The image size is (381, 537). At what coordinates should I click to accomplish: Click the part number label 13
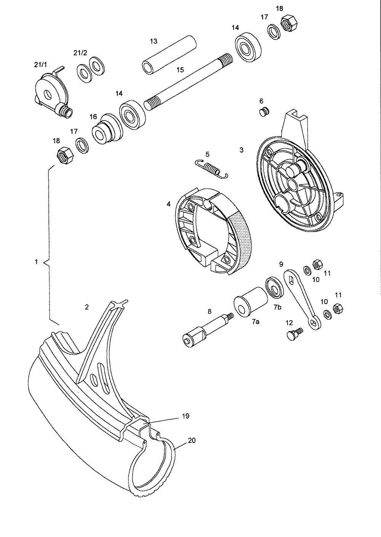[x=153, y=41]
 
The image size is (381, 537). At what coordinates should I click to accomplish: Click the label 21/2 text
[x=80, y=53]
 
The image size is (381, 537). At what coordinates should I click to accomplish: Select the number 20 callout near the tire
[x=192, y=440]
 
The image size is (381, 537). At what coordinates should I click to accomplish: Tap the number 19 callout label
[x=185, y=416]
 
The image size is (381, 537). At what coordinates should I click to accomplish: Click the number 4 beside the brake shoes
[x=168, y=204]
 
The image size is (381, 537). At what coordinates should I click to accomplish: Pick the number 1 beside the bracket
[x=36, y=262]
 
